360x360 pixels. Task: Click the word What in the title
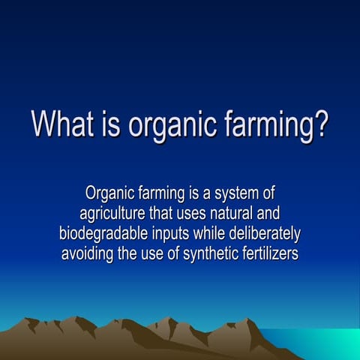point(63,123)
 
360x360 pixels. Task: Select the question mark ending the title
point(319,123)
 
